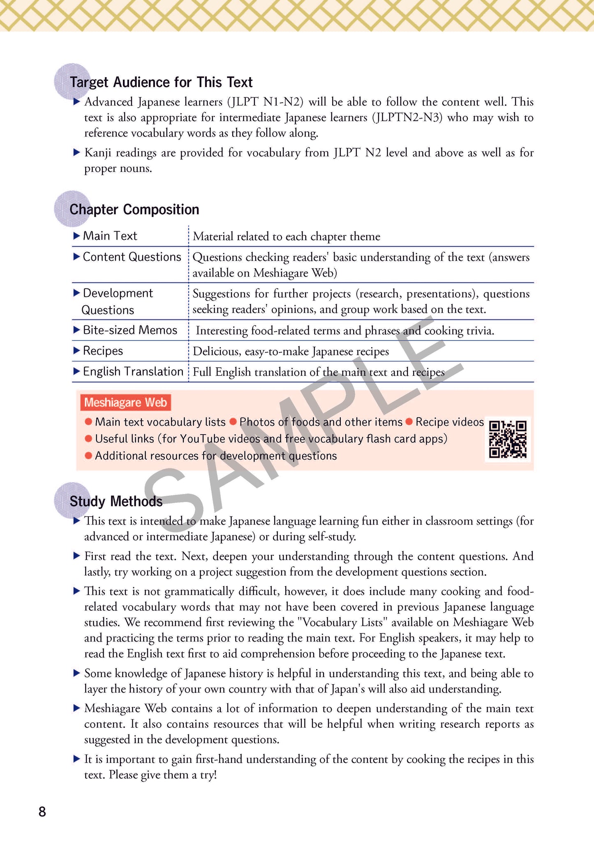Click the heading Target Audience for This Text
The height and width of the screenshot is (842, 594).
click(161, 83)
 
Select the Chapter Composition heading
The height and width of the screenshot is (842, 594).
click(134, 210)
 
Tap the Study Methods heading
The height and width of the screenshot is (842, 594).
click(116, 502)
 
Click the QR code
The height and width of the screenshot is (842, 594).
click(508, 439)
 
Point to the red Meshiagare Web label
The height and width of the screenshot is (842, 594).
click(125, 403)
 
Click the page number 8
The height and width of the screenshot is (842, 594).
click(42, 812)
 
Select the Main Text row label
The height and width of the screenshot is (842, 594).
click(110, 236)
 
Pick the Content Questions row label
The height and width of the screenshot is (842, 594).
click(132, 257)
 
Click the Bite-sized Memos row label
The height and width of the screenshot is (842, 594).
click(130, 330)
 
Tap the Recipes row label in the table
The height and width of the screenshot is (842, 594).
click(103, 351)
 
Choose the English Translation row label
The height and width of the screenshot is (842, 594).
click(133, 372)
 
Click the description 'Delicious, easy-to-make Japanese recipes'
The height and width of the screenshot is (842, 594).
click(291, 352)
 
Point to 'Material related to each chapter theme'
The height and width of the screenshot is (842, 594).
click(287, 237)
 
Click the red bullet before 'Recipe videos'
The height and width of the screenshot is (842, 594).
click(409, 422)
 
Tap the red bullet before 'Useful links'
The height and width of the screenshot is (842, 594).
click(88, 439)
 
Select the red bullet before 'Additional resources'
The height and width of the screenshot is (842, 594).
click(88, 456)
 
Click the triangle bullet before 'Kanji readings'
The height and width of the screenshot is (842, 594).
click(76, 152)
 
